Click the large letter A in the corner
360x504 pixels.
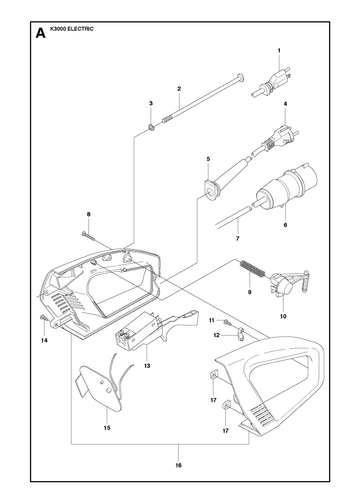pyautogui.click(x=40, y=33)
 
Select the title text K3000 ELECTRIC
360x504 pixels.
pyautogui.click(x=72, y=29)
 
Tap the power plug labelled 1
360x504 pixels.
pyautogui.click(x=271, y=83)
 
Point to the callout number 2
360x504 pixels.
pyautogui.click(x=179, y=89)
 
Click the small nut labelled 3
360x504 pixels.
pyautogui.click(x=151, y=127)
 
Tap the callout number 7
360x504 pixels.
pyautogui.click(x=237, y=239)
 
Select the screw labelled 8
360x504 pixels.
pyautogui.click(x=89, y=236)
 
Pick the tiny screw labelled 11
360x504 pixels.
pyautogui.click(x=227, y=322)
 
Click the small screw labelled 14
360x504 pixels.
pyautogui.click(x=43, y=318)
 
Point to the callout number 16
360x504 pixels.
pyautogui.click(x=179, y=465)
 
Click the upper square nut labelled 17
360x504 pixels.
pyautogui.click(x=213, y=376)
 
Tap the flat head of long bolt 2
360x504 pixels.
pyautogui.click(x=241, y=77)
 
